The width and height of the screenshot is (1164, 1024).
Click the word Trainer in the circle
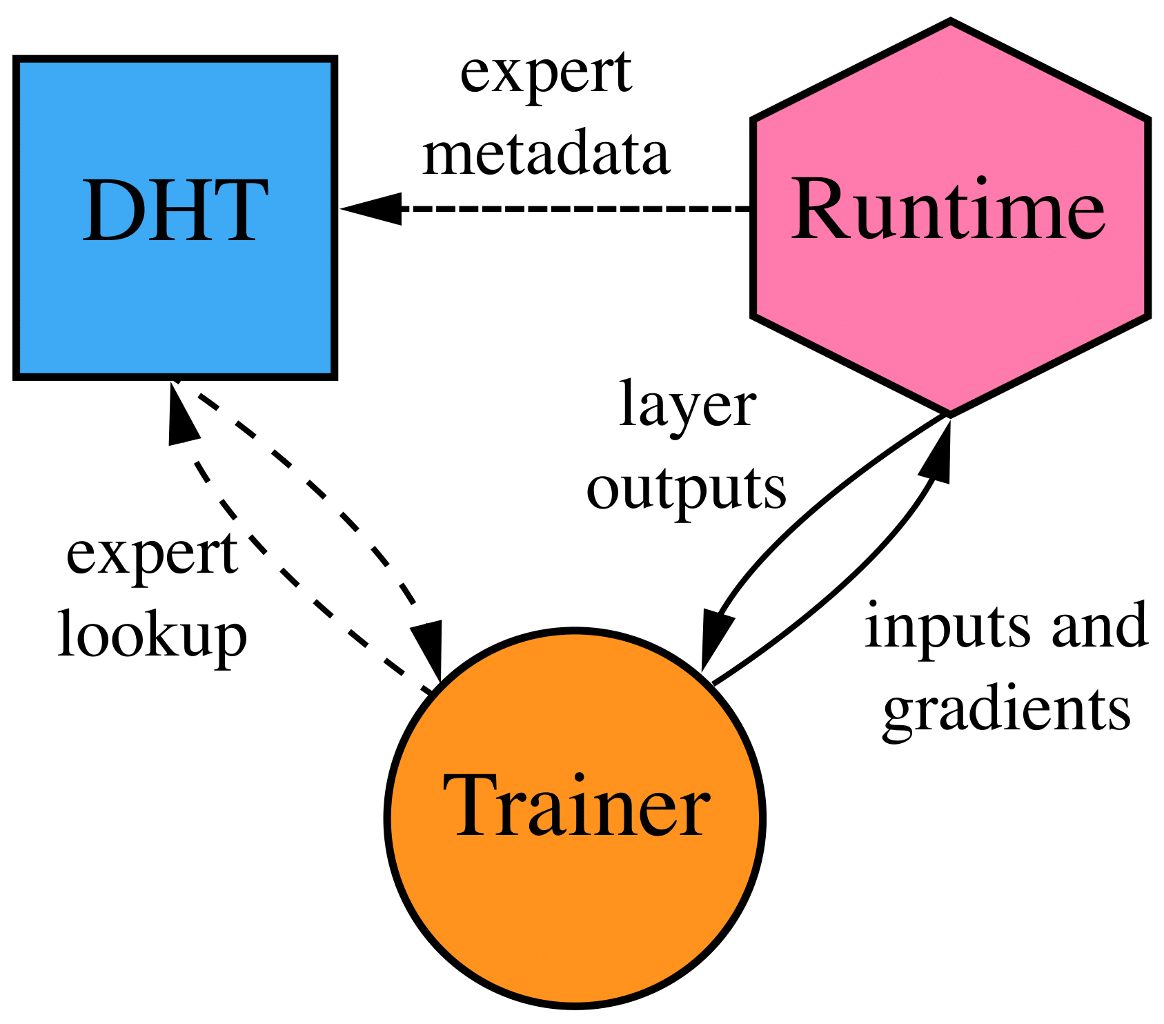coord(575,806)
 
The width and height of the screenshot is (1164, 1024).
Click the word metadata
coord(546,155)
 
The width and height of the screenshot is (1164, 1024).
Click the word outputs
coord(686,489)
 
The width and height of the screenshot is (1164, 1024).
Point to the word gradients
coord(1006,710)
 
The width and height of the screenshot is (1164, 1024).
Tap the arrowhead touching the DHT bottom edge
coord(181,413)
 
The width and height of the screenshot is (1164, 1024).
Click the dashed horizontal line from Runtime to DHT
coord(573,208)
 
